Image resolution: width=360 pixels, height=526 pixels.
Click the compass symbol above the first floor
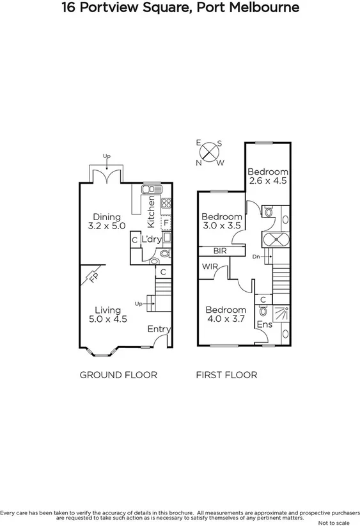click(x=209, y=152)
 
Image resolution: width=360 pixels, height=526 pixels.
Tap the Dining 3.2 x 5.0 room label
click(x=106, y=221)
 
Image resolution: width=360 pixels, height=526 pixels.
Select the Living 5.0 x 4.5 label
click(x=104, y=315)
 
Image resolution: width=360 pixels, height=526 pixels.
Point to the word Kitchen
click(x=152, y=212)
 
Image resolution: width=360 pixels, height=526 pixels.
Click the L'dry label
click(x=151, y=239)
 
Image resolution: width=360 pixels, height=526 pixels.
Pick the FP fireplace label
click(x=93, y=280)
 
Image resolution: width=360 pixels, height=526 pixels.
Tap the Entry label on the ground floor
click(x=159, y=329)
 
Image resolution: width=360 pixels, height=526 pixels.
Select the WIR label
click(x=210, y=266)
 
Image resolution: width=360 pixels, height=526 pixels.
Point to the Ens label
click(x=264, y=324)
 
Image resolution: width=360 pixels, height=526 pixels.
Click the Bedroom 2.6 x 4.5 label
click(x=268, y=176)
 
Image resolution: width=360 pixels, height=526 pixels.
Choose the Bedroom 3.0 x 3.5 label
click(x=222, y=221)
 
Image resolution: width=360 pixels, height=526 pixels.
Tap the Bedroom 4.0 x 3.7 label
click(x=226, y=315)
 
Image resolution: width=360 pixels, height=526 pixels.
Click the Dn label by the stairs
click(x=256, y=256)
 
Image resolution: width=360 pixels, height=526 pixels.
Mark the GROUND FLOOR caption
click(x=118, y=375)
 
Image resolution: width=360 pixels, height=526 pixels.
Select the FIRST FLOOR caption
click(x=226, y=375)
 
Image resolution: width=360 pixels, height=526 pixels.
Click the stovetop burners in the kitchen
click(x=166, y=204)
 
